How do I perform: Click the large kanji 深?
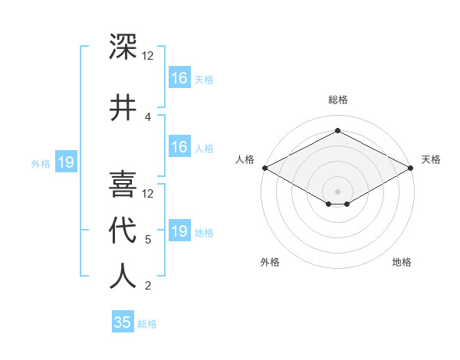[123, 46]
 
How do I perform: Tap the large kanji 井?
[123, 107]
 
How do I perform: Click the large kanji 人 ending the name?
[123, 276]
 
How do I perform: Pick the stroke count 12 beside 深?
[148, 56]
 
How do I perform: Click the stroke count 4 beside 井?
[148, 116]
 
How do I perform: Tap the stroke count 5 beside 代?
[148, 240]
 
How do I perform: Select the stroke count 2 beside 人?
[148, 286]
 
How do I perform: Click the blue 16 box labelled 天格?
[179, 78]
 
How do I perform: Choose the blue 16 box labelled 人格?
[179, 148]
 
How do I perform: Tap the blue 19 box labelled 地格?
[179, 231]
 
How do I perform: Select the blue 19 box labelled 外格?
[65, 162]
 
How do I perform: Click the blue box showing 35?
[123, 322]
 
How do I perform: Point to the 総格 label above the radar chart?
[337, 100]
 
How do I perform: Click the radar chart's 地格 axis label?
[402, 262]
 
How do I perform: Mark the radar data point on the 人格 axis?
[264, 168]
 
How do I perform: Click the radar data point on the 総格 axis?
[337, 130]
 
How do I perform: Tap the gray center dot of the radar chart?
[337, 191]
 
